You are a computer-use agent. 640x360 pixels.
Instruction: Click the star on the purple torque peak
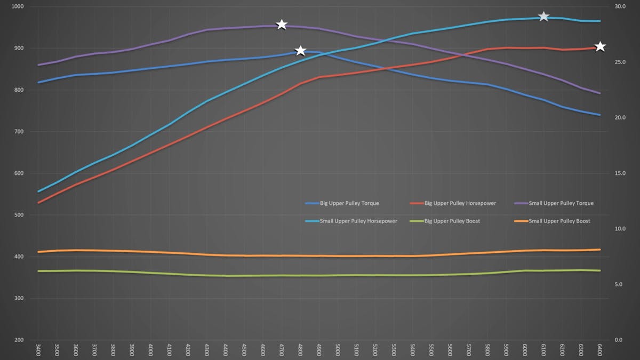282,25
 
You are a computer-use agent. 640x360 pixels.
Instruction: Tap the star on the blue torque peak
300,51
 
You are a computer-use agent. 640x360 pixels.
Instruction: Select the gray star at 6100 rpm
543,17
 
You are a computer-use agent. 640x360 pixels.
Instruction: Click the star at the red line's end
600,47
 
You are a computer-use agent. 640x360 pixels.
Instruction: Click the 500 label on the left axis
19,215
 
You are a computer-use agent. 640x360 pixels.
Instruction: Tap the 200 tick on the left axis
19,340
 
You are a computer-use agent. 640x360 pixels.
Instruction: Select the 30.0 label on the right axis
620,7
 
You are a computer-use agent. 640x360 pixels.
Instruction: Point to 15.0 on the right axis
620,173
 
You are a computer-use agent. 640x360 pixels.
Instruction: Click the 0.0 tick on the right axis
618,340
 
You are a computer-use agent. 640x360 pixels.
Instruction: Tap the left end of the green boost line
39,271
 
